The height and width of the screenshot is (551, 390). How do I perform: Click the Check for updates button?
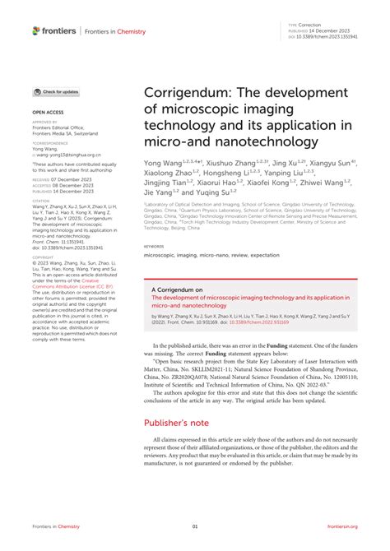click(56, 92)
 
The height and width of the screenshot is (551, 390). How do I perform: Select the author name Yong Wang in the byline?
click(165, 164)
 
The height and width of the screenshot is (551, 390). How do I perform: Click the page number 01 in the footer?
click(195, 527)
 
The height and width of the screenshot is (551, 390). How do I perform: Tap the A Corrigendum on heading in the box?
click(179, 290)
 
